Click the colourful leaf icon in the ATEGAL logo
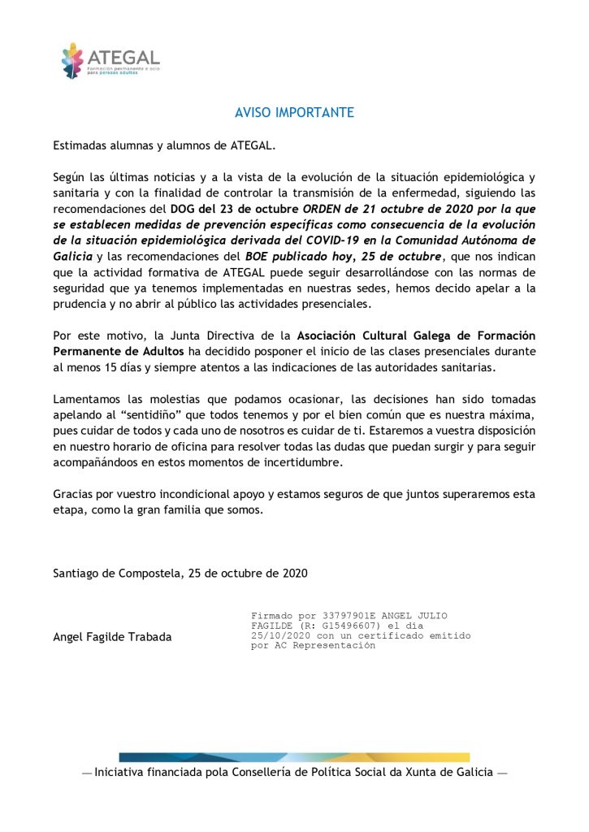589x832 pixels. click(72, 60)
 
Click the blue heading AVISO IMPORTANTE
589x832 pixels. click(294, 113)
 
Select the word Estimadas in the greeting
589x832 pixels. click(80, 146)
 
